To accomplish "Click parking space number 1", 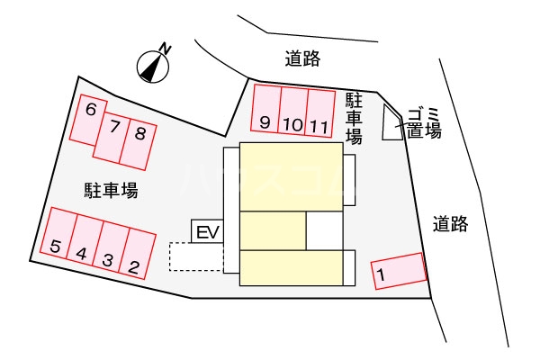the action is pos(399,271).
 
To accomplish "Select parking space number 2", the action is pos(138,254).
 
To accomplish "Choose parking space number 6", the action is pos(88,120).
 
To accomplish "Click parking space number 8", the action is pos(138,144).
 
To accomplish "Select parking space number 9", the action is pos(266,109).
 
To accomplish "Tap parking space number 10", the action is pos(292,111).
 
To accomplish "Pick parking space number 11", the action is pos(319,113).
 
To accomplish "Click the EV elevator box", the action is pos(207,231).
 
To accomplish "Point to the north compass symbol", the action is pos(153,67).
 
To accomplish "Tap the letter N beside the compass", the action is pos(166,49).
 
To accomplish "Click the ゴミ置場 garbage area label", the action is pos(424,123).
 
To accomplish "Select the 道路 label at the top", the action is pos(302,58).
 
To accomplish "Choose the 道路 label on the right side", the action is pos(451,223).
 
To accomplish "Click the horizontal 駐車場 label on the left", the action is pos(112,190).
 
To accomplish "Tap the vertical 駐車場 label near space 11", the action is pos(354,119).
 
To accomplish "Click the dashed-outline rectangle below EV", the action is pos(196,256).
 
